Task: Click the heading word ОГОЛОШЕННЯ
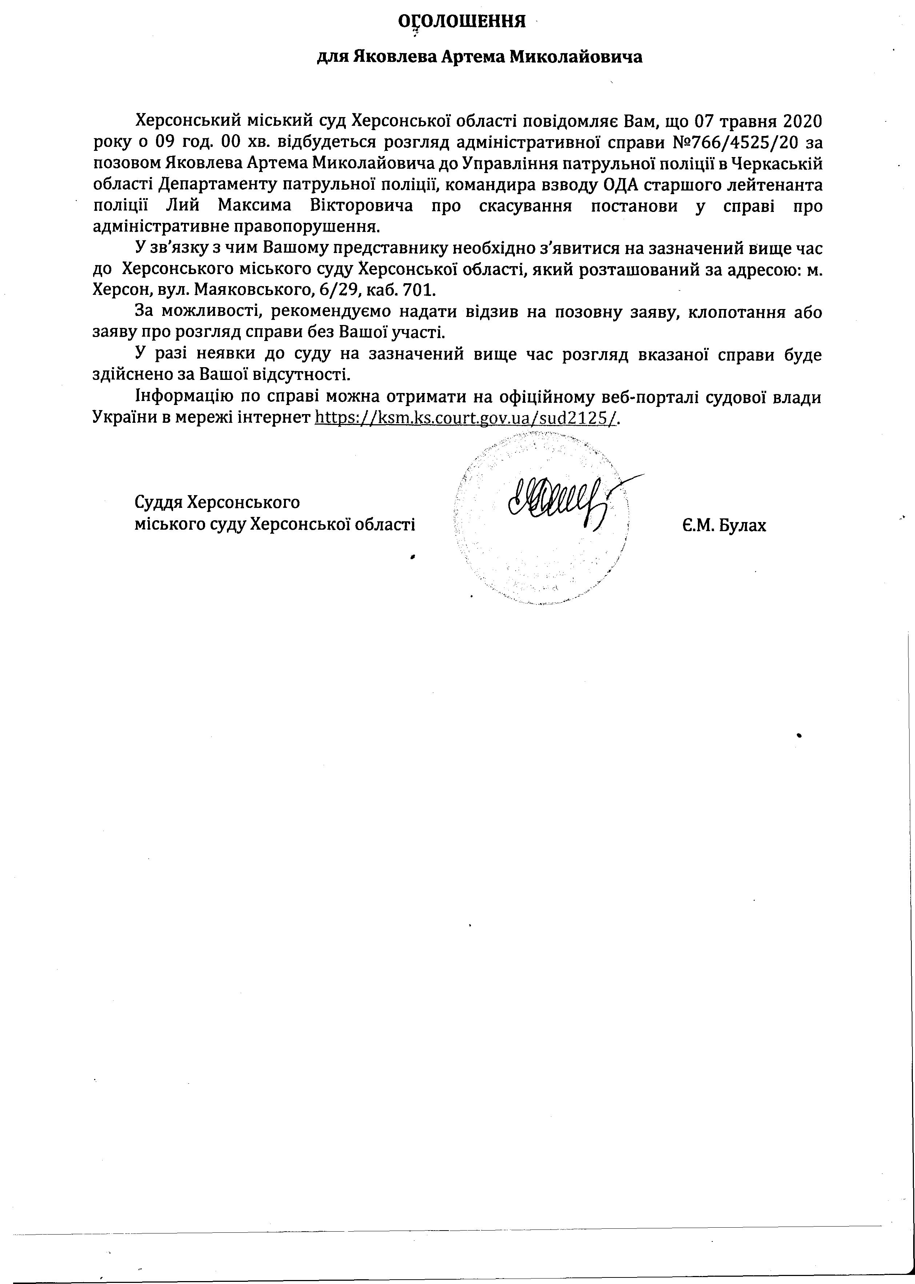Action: coord(462,21)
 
